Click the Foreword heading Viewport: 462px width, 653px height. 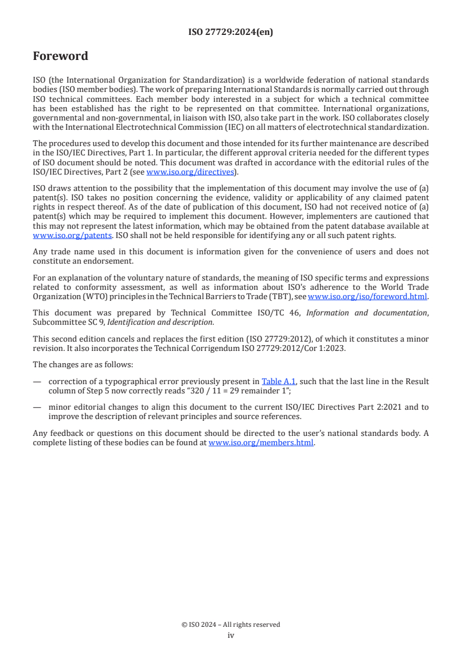(x=61, y=56)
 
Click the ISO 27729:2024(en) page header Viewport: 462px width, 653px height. (x=231, y=33)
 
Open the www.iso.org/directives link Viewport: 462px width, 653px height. (x=190, y=172)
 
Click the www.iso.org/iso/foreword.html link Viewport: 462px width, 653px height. (x=363, y=296)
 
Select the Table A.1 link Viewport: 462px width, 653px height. (x=278, y=381)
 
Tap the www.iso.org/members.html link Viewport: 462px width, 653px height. (x=261, y=442)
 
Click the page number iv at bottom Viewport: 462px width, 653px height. (x=231, y=635)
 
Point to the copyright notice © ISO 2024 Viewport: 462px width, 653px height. (x=231, y=624)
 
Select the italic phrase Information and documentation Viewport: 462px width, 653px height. (x=366, y=313)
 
